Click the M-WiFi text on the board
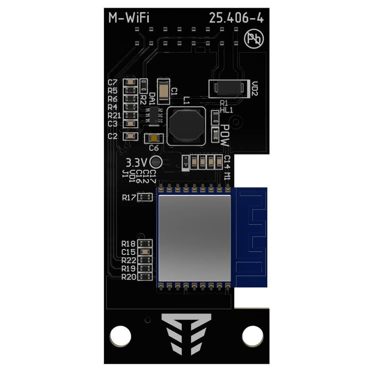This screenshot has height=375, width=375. (129, 18)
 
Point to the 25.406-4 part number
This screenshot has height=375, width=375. (236, 18)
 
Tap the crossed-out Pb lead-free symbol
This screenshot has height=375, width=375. (254, 39)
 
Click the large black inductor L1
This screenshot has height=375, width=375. (186, 126)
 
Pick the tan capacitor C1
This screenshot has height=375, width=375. (164, 91)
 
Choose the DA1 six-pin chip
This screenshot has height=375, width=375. (154, 115)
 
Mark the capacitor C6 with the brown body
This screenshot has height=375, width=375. (154, 138)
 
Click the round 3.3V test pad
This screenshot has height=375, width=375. (156, 162)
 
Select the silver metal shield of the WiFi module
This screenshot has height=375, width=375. (194, 238)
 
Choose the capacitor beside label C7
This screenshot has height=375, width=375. (130, 82)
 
